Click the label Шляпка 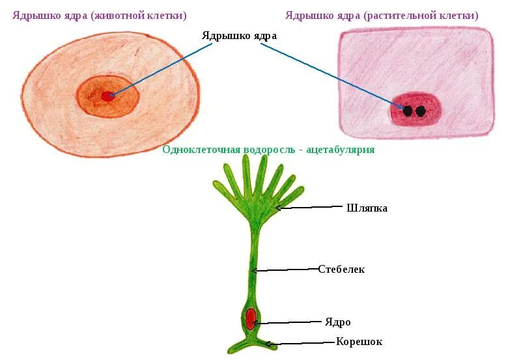[x=367, y=208]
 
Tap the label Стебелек [x=341, y=270]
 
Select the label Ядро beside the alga [x=338, y=322]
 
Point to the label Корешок [x=359, y=342]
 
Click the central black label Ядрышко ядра [x=239, y=36]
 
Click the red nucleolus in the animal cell [x=107, y=96]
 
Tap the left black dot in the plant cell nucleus [x=408, y=111]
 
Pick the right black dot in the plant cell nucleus [x=421, y=111]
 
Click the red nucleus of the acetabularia [x=251, y=319]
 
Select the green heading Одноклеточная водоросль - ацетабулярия [x=268, y=150]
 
